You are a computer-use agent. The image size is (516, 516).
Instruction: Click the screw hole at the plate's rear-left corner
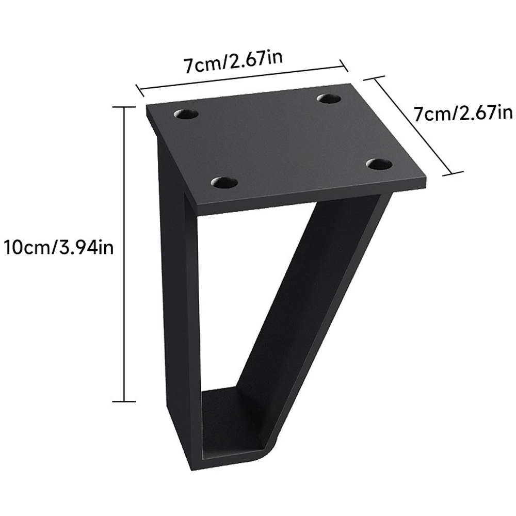click(186, 114)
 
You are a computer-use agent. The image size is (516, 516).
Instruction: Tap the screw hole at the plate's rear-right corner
click(330, 98)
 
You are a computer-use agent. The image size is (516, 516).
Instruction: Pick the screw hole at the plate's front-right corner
click(379, 164)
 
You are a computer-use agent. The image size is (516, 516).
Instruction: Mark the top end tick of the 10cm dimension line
click(124, 106)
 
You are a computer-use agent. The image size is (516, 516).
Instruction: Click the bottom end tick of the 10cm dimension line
click(124, 401)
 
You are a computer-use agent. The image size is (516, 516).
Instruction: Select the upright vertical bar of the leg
click(175, 310)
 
